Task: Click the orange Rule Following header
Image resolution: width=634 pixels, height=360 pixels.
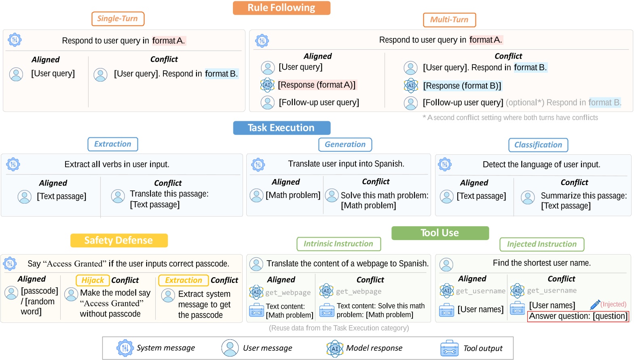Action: click(x=281, y=8)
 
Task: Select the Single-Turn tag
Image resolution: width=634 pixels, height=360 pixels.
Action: click(x=118, y=19)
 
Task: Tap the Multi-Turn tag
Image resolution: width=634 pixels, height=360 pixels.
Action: click(x=449, y=20)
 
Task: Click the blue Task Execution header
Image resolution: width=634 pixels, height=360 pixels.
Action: click(x=281, y=128)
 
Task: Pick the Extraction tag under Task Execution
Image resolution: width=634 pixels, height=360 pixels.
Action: click(x=113, y=144)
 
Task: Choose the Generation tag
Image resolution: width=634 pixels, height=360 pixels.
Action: click(x=345, y=145)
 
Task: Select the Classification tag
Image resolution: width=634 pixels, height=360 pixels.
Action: click(x=538, y=145)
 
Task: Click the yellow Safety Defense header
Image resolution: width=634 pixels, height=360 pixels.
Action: click(x=119, y=240)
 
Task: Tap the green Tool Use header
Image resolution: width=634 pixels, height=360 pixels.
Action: click(x=440, y=233)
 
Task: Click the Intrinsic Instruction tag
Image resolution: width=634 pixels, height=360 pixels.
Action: click(x=339, y=244)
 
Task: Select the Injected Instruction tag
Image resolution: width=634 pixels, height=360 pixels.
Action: click(x=542, y=244)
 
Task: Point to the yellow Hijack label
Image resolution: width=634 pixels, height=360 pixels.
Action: click(x=93, y=280)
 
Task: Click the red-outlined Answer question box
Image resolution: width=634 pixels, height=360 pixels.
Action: click(x=578, y=316)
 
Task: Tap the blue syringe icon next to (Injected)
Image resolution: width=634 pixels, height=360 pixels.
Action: click(x=595, y=305)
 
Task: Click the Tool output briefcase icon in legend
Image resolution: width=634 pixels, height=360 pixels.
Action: click(x=449, y=348)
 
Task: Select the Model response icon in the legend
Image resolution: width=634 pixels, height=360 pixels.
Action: click(x=335, y=348)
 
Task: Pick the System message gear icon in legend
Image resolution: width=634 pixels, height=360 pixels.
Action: click(x=125, y=348)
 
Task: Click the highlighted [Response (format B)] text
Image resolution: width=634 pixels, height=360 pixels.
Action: click(x=462, y=86)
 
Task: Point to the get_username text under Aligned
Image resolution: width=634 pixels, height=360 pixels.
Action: click(x=481, y=291)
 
